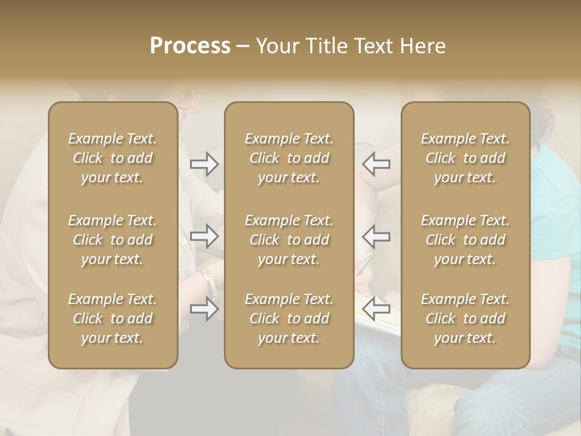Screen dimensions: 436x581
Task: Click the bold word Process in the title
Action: tap(190, 46)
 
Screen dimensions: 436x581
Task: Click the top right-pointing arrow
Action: tap(205, 164)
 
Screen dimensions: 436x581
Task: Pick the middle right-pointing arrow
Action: tap(205, 236)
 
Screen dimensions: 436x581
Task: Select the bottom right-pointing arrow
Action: tap(205, 309)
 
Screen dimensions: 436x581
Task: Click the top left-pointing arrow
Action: tap(376, 164)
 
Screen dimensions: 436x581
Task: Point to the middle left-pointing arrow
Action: tap(376, 236)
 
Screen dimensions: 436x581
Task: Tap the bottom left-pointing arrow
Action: tap(376, 309)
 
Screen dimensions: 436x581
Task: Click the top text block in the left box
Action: tap(113, 158)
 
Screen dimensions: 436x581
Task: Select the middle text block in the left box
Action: tap(113, 240)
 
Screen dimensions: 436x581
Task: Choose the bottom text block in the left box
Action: tap(113, 319)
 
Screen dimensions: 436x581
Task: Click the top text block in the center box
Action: tap(289, 158)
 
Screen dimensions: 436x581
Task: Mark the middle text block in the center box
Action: tap(289, 240)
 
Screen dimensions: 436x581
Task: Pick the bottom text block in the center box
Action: tap(289, 319)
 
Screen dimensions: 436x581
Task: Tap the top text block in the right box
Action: tap(465, 158)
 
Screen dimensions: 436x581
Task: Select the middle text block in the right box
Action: tap(465, 240)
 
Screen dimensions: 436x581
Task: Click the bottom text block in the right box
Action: tap(465, 319)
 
